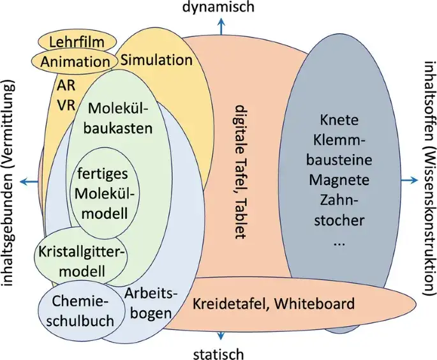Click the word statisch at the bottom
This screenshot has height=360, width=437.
[x=219, y=352]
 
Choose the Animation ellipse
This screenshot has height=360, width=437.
[x=75, y=61]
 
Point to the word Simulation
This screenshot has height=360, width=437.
[x=156, y=60]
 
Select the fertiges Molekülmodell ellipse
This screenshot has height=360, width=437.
[x=107, y=192]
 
